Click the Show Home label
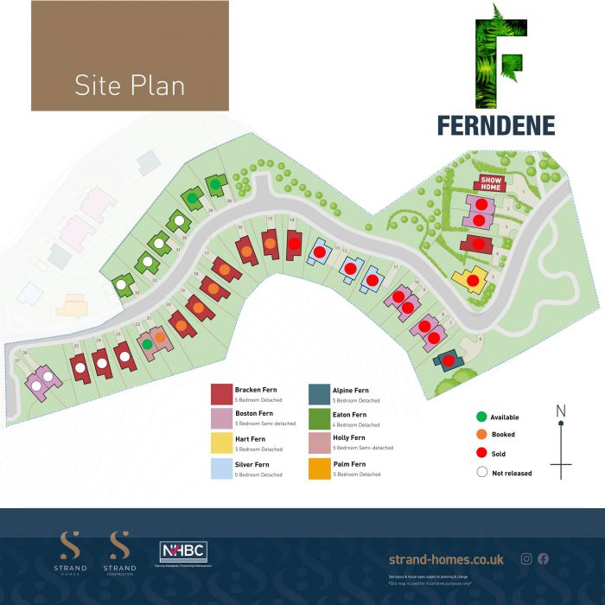pos(491,182)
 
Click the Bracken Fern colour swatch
pos(220,393)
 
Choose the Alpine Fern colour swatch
pos(318,393)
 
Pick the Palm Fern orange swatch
pos(318,469)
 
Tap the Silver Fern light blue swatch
pos(220,469)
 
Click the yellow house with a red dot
pos(472,279)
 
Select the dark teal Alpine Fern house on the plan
pos(449,360)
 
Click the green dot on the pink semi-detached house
pos(148,345)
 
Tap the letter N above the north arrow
pos(560,411)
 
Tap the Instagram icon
pos(526,558)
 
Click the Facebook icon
pos(543,558)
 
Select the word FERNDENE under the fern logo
pos(495,126)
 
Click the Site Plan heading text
pos(130,86)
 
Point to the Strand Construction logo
pos(119,553)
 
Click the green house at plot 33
pos(124,282)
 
